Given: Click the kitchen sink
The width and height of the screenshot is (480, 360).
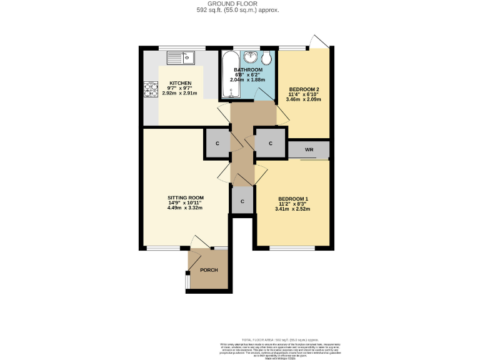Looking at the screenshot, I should pos(181,58).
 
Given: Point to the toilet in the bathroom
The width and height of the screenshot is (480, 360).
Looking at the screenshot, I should pos(267,59).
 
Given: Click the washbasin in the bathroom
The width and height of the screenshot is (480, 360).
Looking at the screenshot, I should pos(251,56).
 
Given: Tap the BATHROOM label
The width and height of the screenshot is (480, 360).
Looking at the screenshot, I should pos(248,69).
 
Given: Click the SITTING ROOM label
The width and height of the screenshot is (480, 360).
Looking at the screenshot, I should pos(186,197).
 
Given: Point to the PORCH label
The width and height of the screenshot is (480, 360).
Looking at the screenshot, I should pos(209,270).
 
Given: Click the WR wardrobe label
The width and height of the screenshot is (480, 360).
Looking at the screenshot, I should pos(309,150).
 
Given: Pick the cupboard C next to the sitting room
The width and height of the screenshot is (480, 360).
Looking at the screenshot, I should pos(217,143).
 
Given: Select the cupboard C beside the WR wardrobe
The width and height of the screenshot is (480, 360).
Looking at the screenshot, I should pos(270,143).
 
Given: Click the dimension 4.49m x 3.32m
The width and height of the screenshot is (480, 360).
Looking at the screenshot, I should pos(186,208).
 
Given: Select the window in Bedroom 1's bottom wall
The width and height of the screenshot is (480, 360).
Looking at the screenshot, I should pos(292,249).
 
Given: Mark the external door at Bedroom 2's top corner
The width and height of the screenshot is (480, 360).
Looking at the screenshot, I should pos(319,41).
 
